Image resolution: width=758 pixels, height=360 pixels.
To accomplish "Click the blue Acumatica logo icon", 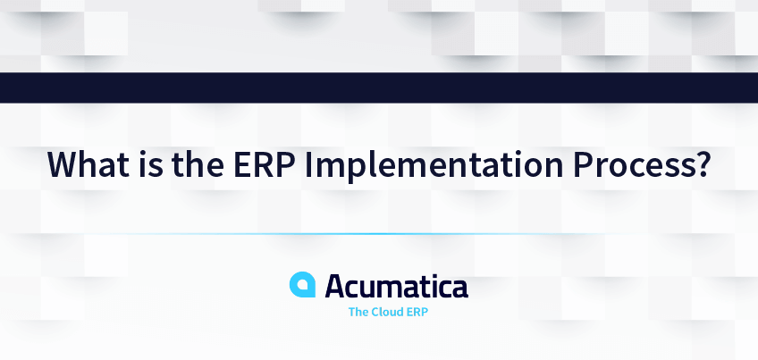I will click(303, 285).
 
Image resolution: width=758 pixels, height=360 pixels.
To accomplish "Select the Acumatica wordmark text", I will click(396, 287).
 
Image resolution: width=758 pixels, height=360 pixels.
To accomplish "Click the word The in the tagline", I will click(358, 313).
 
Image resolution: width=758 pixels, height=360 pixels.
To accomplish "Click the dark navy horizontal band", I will click(379, 88).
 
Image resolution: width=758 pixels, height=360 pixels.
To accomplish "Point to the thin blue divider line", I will click(379, 234).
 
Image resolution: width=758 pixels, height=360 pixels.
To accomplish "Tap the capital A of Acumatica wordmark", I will click(337, 287).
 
